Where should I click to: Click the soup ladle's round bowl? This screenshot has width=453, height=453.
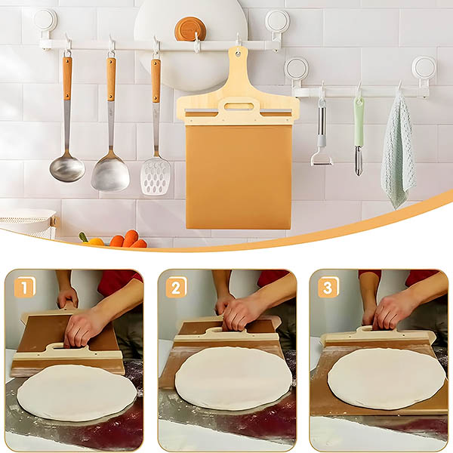pos(67,168)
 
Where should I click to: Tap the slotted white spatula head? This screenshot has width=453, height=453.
pos(155,176)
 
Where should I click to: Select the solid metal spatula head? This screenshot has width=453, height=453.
pos(110,174)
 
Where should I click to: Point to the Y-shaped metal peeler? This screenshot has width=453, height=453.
pos(322,135)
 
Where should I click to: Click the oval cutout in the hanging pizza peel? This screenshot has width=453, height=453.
pos(239,106)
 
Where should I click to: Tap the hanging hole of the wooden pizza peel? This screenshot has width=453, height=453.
pos(238,54)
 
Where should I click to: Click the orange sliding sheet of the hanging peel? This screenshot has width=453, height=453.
pos(239,177)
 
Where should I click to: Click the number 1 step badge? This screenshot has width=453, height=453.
pos(25,287)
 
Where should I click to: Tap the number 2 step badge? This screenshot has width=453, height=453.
pos(176,287)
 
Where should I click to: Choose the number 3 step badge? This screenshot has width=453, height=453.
pos(328,287)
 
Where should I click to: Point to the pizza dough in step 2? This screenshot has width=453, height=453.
pos(233,378)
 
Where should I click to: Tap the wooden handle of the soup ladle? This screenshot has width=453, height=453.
pos(67,78)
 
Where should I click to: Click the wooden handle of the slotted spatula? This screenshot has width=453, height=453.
pos(156,81)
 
